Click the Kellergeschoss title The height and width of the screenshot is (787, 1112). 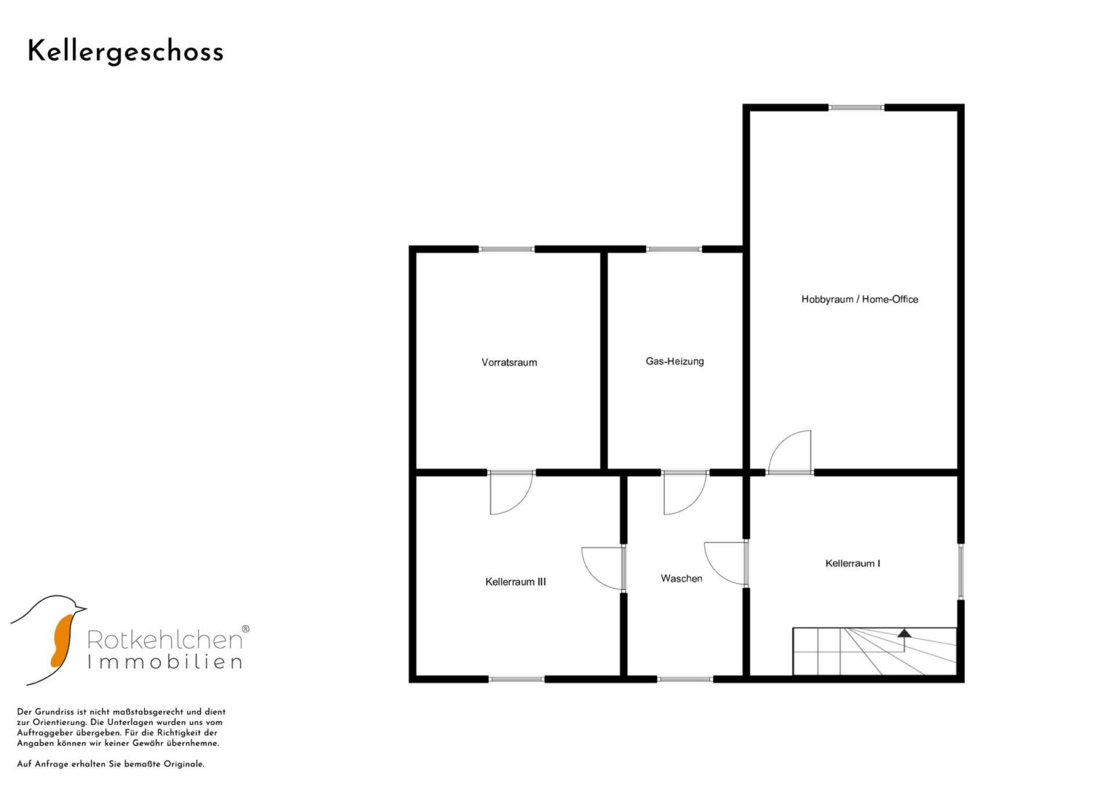coord(125,52)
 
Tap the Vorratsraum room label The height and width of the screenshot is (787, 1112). coord(509,363)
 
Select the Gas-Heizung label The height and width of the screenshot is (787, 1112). coord(674,361)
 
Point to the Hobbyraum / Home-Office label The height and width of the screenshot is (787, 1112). coord(860,299)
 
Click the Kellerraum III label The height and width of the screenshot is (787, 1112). coord(516,582)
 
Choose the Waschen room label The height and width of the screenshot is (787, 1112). coord(682,579)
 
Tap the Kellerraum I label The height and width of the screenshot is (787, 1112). coord(853,563)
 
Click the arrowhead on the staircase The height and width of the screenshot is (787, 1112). coord(904,633)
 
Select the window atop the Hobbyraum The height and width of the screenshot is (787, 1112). coord(856,107)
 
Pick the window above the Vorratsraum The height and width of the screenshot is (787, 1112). coord(507,249)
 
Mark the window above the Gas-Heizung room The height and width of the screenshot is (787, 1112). coord(674,249)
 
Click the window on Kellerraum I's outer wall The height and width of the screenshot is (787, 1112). coord(961,572)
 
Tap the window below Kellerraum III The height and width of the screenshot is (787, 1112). coord(517,679)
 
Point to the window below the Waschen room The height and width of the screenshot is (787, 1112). coord(685,679)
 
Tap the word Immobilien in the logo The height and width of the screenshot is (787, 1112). coord(165,662)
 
